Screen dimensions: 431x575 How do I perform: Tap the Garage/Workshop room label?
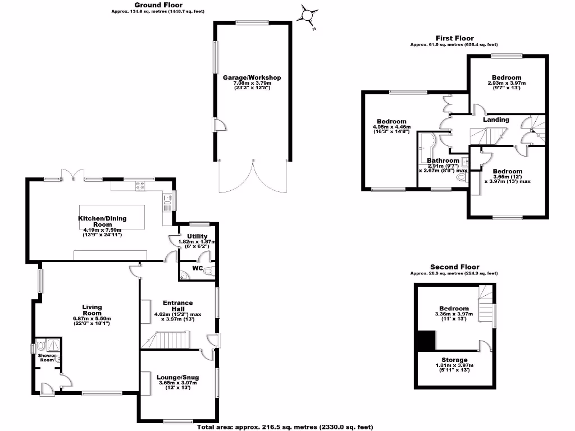(252, 77)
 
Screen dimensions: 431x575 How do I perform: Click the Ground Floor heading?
(131, 5)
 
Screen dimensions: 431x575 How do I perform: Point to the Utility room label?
(197, 236)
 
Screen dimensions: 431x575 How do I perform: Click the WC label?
(197, 268)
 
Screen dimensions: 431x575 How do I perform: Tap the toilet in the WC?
(209, 272)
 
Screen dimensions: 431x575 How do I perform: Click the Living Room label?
(92, 310)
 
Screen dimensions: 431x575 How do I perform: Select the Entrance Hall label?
(177, 306)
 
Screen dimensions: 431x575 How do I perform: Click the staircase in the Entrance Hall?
(169, 340)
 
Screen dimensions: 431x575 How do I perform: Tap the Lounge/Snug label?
(177, 377)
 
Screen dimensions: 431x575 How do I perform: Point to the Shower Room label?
(46, 357)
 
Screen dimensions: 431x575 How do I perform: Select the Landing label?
(496, 120)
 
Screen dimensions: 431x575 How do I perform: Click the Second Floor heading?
(454, 267)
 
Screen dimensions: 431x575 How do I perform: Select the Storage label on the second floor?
(454, 360)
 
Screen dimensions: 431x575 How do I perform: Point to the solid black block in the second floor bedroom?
(428, 340)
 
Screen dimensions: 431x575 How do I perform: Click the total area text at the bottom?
(285, 427)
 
